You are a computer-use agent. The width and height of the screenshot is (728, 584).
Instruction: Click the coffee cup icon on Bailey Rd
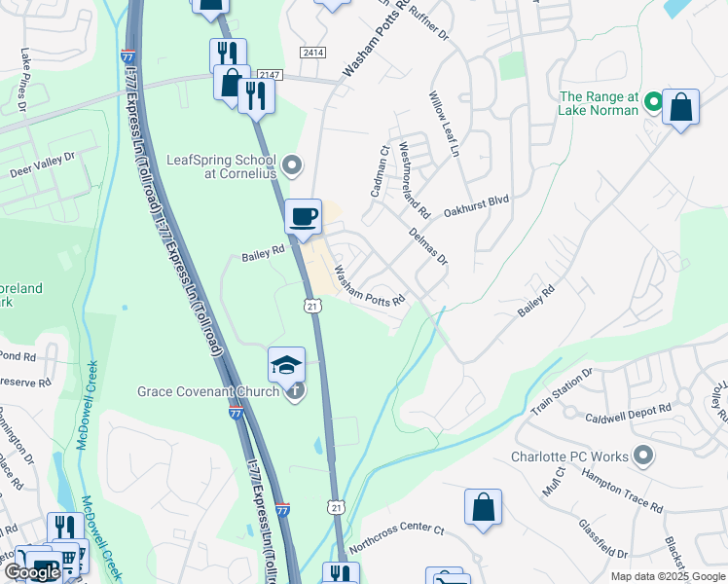pos(304,216)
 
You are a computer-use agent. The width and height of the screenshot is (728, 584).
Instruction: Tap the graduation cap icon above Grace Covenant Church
pos(286,364)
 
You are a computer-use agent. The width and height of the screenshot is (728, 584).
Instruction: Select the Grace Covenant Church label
pos(208,392)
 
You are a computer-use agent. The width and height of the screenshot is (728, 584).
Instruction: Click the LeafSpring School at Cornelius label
pos(222,166)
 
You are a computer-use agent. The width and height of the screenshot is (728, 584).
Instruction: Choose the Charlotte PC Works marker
pos(642,456)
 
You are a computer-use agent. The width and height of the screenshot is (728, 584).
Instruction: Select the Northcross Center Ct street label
pos(396,539)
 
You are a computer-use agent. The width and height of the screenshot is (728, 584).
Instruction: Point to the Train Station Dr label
pos(561,392)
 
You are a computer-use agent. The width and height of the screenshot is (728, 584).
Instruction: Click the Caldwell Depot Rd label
pos(628,414)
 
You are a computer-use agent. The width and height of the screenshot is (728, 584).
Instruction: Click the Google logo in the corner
pos(33,572)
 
